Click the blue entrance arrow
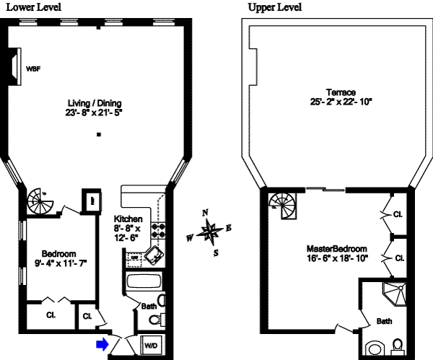click(102, 344)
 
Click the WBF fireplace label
click(33, 69)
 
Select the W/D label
click(152, 346)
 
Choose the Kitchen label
click(128, 219)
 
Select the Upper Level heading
click(275, 7)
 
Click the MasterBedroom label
click(338, 247)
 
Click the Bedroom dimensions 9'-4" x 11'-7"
click(59, 264)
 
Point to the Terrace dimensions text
click(338, 102)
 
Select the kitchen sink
click(154, 253)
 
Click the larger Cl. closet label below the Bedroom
click(51, 315)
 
